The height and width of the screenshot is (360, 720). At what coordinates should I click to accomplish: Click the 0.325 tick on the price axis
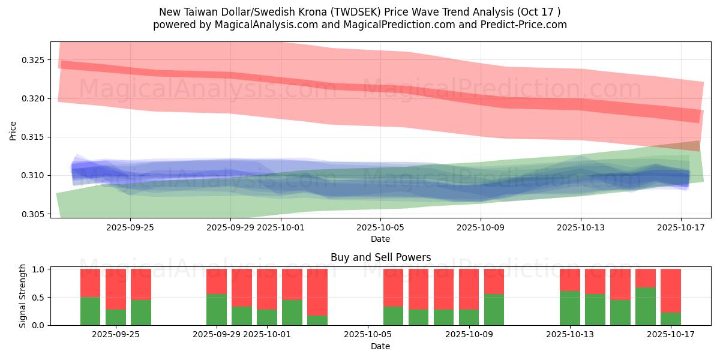[x=34, y=60]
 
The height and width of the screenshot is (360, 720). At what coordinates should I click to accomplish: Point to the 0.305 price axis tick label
[x=34, y=214]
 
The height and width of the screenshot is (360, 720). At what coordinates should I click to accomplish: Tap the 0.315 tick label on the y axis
[x=34, y=137]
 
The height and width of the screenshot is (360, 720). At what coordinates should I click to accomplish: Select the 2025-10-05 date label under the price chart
[x=380, y=227]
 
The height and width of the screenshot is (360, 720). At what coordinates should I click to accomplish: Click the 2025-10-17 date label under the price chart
[x=681, y=227]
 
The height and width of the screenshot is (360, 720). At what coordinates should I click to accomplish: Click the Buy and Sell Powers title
[x=380, y=257]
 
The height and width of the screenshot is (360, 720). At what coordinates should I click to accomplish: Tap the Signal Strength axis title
[x=23, y=296]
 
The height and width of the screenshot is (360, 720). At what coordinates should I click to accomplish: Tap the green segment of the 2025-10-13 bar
[x=570, y=308]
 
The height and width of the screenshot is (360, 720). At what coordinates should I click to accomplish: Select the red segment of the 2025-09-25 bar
[x=141, y=284]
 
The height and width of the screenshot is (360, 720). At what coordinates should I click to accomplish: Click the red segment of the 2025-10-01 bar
[x=267, y=289]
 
